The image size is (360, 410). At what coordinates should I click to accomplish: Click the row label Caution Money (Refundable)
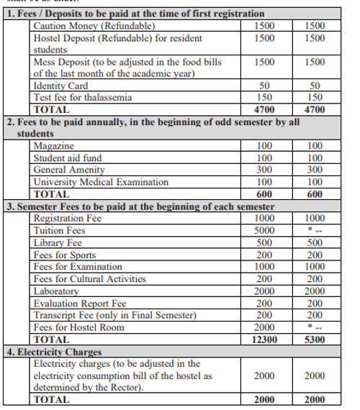click(94, 26)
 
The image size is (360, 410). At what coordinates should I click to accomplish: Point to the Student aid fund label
click(68, 158)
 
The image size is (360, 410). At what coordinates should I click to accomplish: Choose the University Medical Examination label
click(101, 182)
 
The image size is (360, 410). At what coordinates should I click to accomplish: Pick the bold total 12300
click(264, 340)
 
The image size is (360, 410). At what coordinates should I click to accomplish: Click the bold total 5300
click(315, 340)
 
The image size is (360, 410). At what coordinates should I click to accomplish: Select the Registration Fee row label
click(68, 219)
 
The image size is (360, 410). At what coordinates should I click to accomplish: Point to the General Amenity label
click(69, 170)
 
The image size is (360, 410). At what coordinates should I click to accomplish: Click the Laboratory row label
click(56, 291)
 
